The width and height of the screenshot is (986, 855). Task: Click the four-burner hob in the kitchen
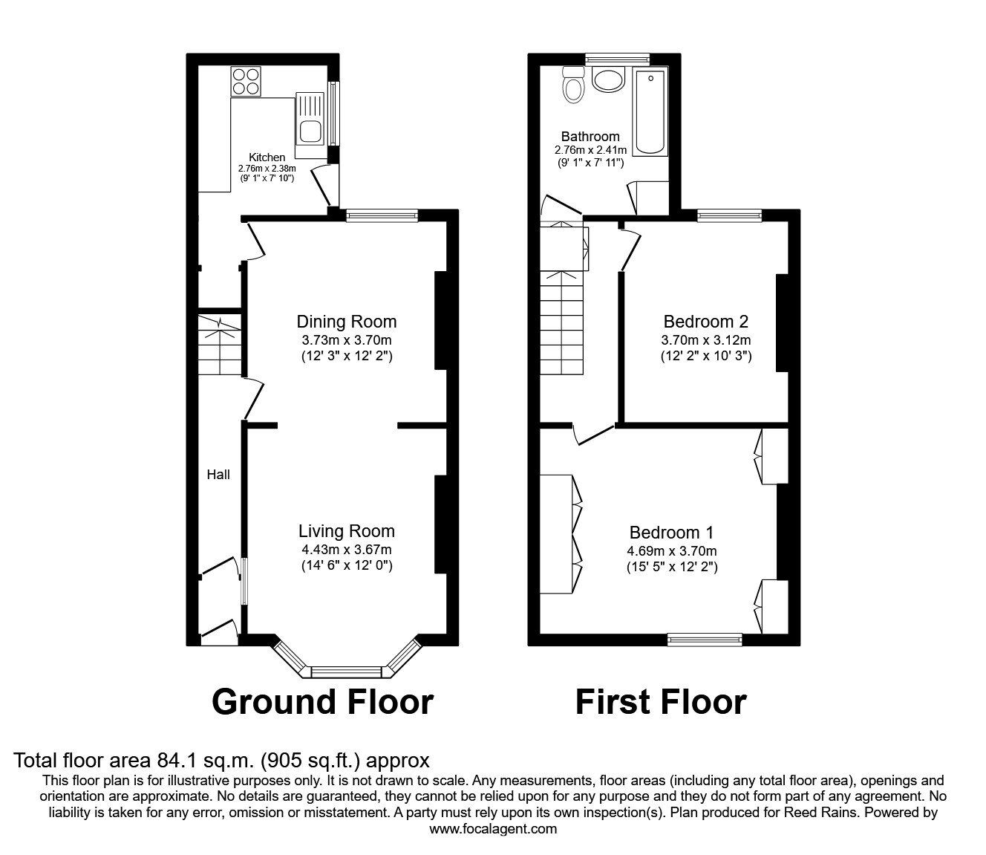coord(246,81)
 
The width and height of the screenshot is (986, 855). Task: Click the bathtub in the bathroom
coord(651,112)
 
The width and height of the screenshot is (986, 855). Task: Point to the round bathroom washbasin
coord(610,80)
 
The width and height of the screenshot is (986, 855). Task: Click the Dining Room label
coord(346,322)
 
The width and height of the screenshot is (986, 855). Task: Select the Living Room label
coord(346,531)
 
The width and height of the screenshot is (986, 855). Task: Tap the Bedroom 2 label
coord(705,322)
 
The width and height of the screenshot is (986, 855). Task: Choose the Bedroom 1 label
coord(671,533)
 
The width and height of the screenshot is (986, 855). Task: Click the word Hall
coord(218,475)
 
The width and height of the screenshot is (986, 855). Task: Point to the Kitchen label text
coord(267,157)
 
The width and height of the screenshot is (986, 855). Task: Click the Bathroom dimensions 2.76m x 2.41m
coord(590,150)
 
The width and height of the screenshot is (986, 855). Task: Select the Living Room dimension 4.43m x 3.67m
coord(346,550)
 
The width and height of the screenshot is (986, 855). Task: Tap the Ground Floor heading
coord(322,702)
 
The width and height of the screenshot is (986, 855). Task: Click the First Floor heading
coord(661,702)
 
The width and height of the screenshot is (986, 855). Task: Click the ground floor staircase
coord(219,346)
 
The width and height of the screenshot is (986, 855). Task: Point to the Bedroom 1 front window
coord(705,637)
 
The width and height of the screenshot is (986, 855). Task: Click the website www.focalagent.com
coord(493,829)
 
